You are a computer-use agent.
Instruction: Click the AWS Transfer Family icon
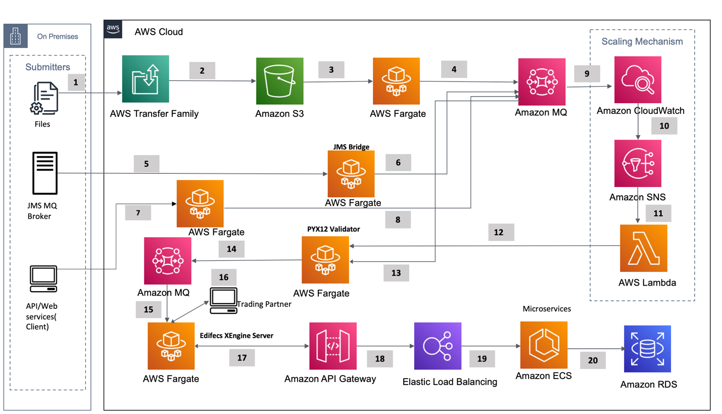point(146,79)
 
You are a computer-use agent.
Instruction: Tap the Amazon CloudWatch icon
point(638,79)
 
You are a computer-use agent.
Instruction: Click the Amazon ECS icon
point(544,347)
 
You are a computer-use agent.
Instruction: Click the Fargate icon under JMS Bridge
point(351,173)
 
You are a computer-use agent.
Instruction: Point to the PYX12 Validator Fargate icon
point(325,259)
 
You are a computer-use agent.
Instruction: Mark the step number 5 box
point(147,163)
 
